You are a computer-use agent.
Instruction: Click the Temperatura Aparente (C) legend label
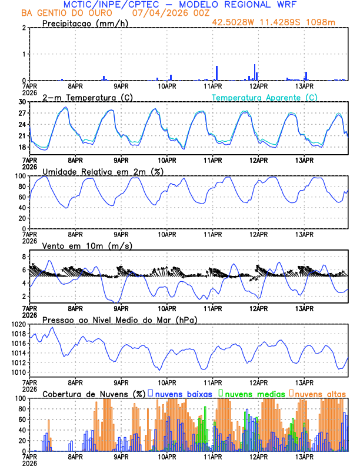(265, 97)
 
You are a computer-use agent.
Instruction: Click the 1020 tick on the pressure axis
(19, 324)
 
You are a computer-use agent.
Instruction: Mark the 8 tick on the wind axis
(25, 257)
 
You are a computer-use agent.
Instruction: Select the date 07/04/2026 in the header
(155, 13)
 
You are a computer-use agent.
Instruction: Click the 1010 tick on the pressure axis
(19, 372)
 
